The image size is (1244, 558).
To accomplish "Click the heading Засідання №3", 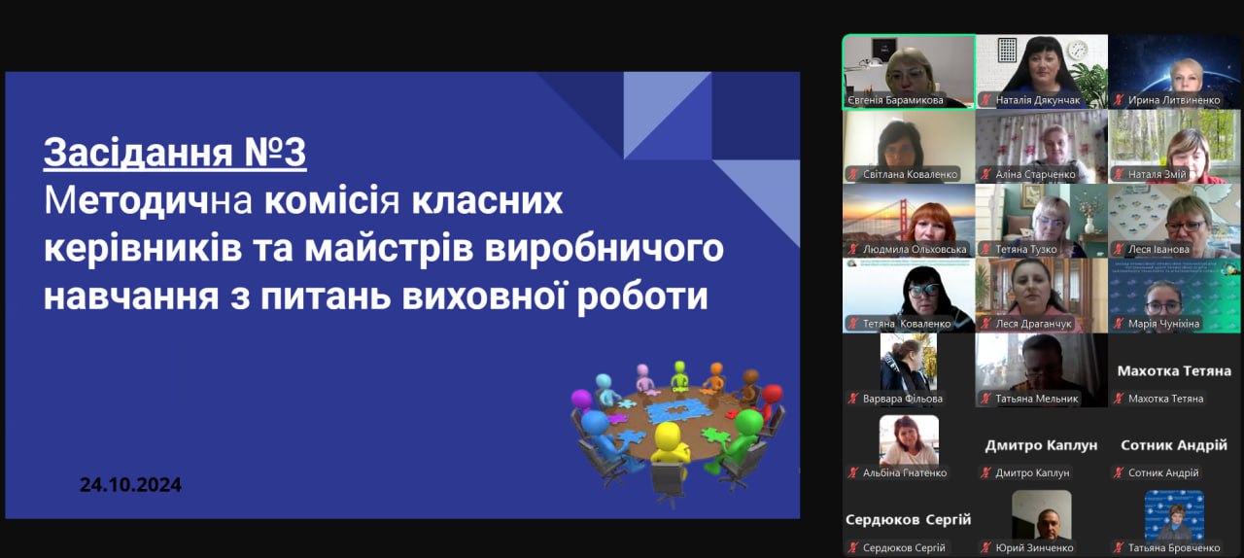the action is click(175, 153).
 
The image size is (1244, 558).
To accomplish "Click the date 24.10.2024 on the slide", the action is click(130, 485).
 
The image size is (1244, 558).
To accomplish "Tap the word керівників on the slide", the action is click(143, 249).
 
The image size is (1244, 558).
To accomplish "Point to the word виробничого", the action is click(605, 249).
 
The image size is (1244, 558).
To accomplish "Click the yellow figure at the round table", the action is click(670, 444).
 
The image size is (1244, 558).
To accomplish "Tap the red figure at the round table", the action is click(769, 401).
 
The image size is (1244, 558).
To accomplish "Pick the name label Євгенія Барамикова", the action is click(895, 100).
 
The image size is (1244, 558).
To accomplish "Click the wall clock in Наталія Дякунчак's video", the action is click(1077, 51).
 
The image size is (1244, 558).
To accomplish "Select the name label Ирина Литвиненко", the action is click(1174, 100).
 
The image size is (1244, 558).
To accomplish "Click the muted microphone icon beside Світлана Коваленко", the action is click(852, 175).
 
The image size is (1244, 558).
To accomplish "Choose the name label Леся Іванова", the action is click(1158, 250).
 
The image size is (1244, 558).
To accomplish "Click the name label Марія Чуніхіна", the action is click(1163, 324).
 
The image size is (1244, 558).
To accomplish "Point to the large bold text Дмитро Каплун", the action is click(1041, 445).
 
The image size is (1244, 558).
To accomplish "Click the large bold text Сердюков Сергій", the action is click(908, 520).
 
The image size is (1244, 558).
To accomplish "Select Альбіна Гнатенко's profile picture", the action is click(909, 440).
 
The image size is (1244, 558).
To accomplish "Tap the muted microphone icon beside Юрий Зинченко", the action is click(985, 548).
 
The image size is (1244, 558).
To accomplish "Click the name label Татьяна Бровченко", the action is click(1174, 548).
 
